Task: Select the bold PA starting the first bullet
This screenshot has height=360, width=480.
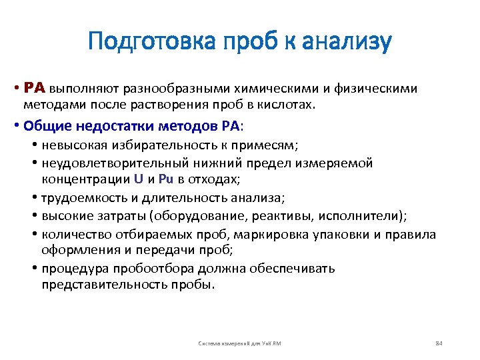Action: point(34,87)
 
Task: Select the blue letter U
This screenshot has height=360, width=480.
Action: point(139,180)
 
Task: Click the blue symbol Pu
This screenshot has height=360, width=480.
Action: point(165,180)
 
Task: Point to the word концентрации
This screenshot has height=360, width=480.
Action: point(85,180)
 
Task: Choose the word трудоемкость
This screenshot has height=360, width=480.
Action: point(82,198)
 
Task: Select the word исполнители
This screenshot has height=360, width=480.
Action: point(363,215)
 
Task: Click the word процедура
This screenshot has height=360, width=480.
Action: point(73,268)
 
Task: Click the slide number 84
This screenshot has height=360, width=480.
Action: point(438,343)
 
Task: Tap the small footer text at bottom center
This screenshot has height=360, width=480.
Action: point(240,343)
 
